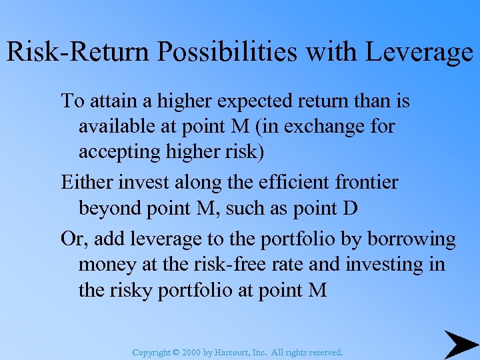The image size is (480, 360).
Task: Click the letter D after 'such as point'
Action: pos(351,209)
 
